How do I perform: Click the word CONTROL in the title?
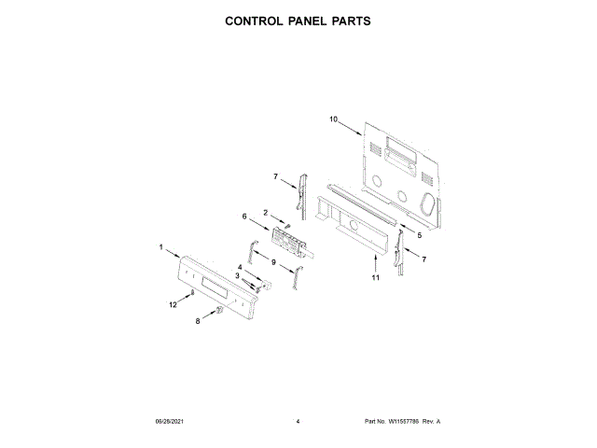pyautogui.click(x=257, y=20)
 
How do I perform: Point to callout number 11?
pyautogui.click(x=376, y=277)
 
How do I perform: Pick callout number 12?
pyautogui.click(x=173, y=303)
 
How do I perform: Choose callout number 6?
pyautogui.click(x=244, y=217)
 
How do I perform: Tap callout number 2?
pyautogui.click(x=266, y=213)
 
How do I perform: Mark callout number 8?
pyautogui.click(x=198, y=320)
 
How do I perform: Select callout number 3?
pyautogui.click(x=237, y=276)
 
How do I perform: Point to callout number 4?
pyautogui.click(x=239, y=267)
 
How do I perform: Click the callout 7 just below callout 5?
pyautogui.click(x=424, y=258)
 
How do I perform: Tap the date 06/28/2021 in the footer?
pyautogui.click(x=169, y=422)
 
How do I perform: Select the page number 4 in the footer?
pyautogui.click(x=298, y=422)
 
